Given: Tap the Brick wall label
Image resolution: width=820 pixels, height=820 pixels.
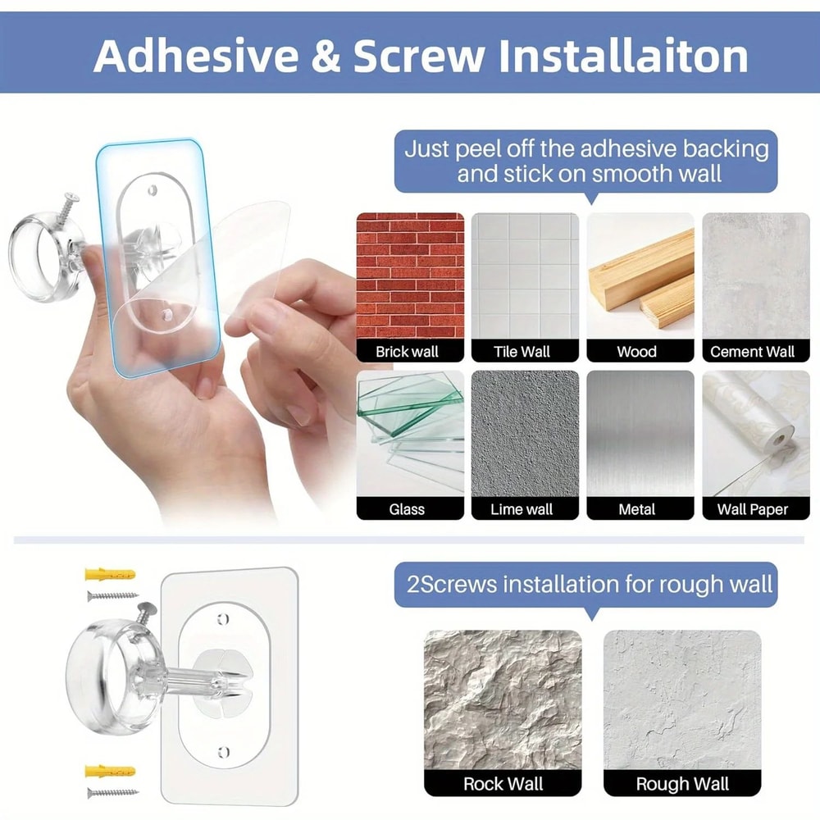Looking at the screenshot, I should tap(408, 352).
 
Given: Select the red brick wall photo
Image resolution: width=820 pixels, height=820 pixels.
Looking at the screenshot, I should tap(410, 277).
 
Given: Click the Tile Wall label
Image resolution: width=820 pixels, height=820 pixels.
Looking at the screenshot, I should tap(522, 352).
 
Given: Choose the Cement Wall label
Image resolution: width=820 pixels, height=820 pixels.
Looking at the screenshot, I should tap(753, 352).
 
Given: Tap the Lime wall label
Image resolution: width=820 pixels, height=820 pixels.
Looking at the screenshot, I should tap(522, 509).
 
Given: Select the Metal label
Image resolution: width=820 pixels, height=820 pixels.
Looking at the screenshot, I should tap(637, 509).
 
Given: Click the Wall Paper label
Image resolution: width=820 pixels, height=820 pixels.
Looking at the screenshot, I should tap(753, 509).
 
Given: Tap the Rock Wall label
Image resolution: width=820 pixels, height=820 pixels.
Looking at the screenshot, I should tap(503, 783).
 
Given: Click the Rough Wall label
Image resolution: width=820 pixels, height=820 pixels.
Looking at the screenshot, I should tap(682, 783).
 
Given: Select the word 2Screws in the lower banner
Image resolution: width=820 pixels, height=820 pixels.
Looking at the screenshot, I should tap(451, 584).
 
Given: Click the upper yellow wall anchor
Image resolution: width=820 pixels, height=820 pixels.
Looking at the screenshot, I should tap(110, 573).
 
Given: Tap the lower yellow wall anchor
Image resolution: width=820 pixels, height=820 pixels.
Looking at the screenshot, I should tap(110, 772).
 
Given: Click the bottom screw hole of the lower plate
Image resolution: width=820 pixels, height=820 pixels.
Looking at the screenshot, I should tap(223, 751).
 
